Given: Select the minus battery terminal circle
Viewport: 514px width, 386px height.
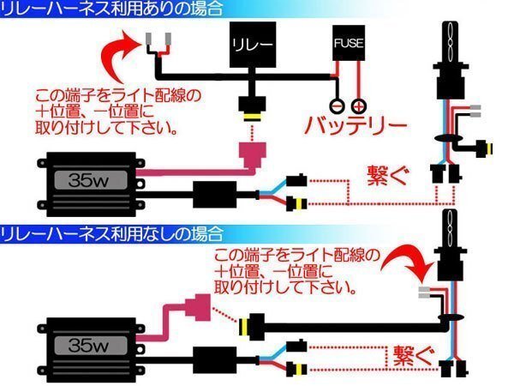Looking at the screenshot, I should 338,106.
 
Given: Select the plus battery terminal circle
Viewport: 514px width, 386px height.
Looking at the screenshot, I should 358,106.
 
